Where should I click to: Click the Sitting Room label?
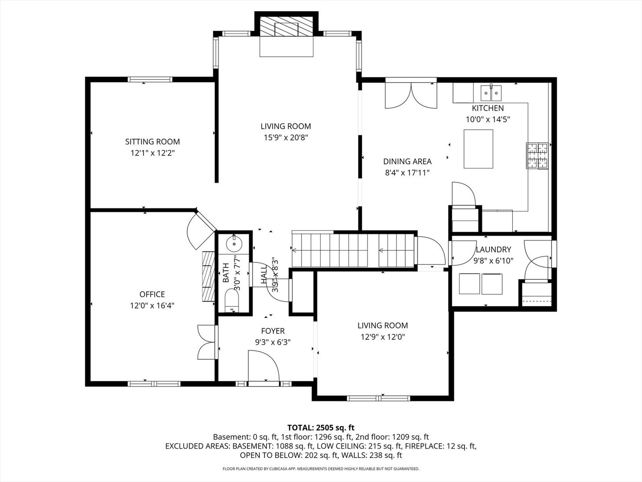pos(152,142)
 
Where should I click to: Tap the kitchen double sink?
pos(491,93)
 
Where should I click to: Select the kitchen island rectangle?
pos(478,149)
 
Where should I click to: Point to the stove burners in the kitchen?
pos(537,156)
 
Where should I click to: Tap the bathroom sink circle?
pos(234,244)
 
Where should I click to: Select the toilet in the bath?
pos(231,301)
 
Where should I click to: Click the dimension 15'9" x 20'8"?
pos(286,138)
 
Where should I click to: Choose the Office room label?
pos(152,294)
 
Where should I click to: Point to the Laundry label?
pos(493,249)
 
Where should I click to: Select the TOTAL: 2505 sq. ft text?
pos(321,428)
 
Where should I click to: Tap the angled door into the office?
pos(200,230)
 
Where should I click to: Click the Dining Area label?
pos(407,162)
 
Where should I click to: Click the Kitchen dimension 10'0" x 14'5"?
pos(488,119)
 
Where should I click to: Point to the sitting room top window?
pos(150,79)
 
